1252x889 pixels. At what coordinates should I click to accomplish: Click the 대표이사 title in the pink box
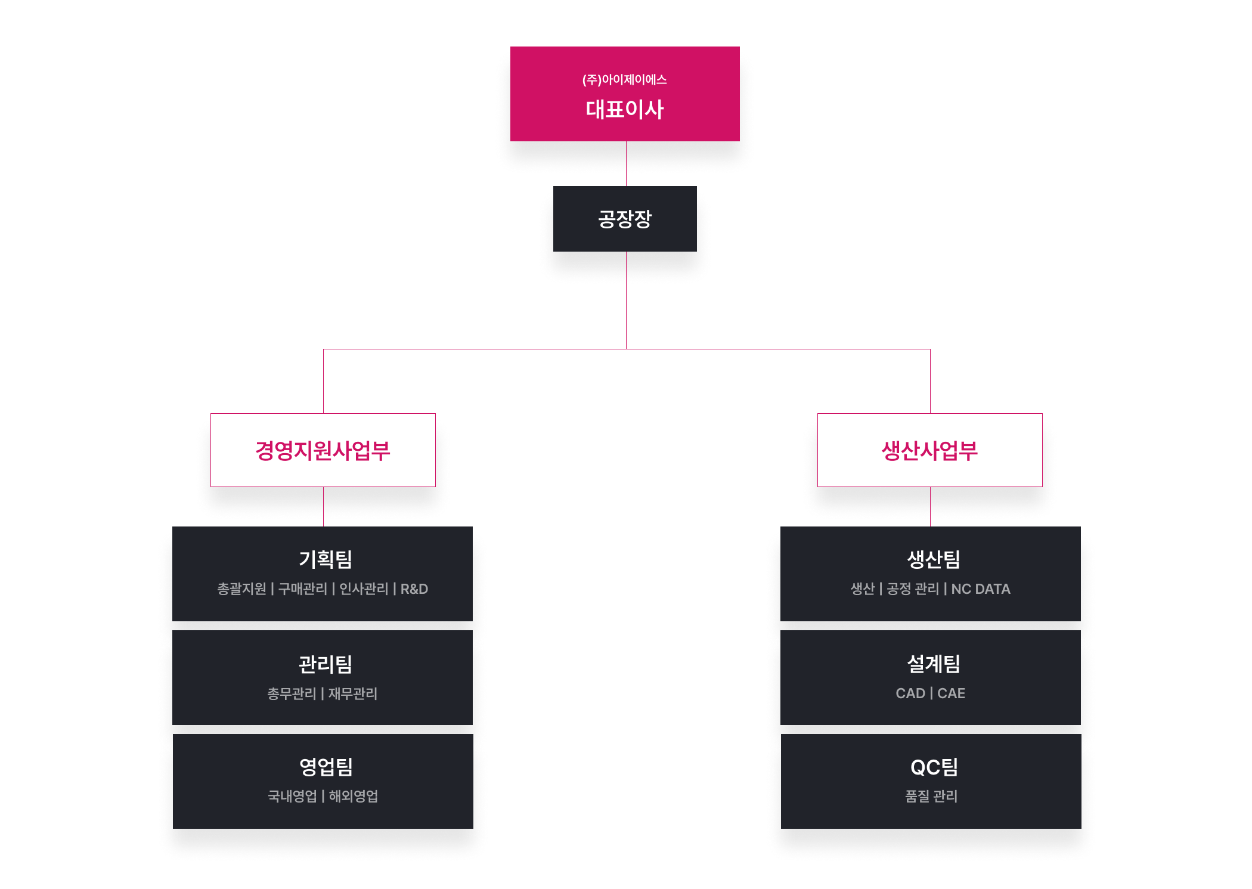tap(624, 110)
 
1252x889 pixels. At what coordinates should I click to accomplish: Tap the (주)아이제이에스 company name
tap(624, 80)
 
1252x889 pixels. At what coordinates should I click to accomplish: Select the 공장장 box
tap(625, 219)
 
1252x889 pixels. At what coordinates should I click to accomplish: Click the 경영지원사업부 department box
tap(323, 450)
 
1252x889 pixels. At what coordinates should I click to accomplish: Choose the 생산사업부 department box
tap(929, 450)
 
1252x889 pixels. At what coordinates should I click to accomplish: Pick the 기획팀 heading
tap(326, 559)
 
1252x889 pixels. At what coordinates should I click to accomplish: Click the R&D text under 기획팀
tap(414, 589)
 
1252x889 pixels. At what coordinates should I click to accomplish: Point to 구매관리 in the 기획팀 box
tap(303, 589)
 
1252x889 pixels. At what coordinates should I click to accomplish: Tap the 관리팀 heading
tap(326, 664)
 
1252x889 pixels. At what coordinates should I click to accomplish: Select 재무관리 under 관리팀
tap(353, 693)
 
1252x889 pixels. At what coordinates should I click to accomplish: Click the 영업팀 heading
tap(326, 767)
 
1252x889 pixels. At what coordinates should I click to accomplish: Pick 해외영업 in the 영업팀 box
tap(354, 796)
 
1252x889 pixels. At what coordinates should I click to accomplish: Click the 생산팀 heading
tap(934, 559)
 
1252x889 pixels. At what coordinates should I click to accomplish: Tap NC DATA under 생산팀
tap(981, 589)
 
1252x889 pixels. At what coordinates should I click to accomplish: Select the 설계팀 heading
tap(934, 664)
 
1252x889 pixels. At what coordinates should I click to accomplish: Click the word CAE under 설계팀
tap(952, 693)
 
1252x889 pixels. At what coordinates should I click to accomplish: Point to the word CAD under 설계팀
tap(910, 693)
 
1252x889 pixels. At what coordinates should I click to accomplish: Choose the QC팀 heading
tap(934, 767)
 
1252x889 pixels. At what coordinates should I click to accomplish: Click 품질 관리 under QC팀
tap(931, 796)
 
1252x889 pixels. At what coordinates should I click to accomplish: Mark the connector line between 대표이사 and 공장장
tap(626, 163)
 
